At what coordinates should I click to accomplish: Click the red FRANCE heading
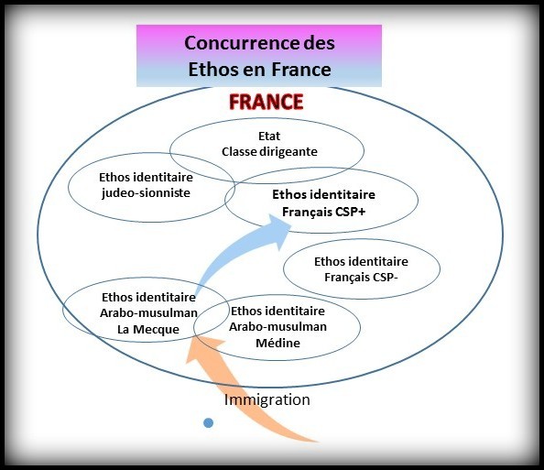pyautogui.click(x=267, y=102)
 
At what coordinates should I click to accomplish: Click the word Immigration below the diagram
pyautogui.click(x=267, y=399)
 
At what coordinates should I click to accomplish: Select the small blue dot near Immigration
pyautogui.click(x=208, y=422)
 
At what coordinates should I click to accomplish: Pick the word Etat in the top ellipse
pyautogui.click(x=269, y=137)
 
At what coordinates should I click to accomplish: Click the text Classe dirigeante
pyautogui.click(x=269, y=152)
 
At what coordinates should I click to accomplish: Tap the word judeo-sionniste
pyautogui.click(x=146, y=193)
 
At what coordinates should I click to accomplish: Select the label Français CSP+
pyautogui.click(x=323, y=212)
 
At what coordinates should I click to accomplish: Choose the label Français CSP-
pyautogui.click(x=361, y=278)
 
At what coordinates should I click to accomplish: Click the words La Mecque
pyautogui.click(x=148, y=329)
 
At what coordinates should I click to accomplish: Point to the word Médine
pyautogui.click(x=277, y=343)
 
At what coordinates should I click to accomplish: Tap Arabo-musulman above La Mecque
pyautogui.click(x=149, y=313)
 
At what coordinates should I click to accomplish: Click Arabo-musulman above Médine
pyautogui.click(x=277, y=327)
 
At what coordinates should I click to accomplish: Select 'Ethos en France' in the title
pyautogui.click(x=259, y=70)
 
